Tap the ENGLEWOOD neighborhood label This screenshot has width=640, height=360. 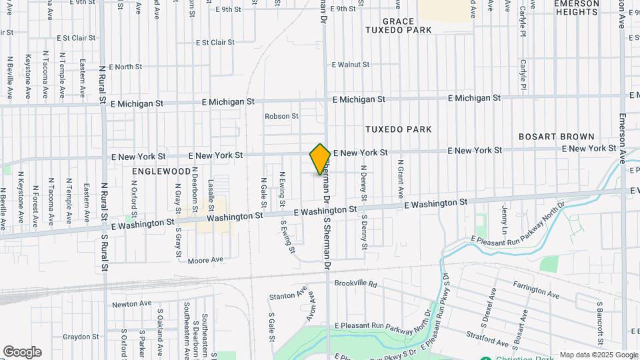161,171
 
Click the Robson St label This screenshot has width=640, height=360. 281,116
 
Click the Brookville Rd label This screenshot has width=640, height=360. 355,283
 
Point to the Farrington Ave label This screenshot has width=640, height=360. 536,289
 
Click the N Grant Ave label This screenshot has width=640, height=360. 401,179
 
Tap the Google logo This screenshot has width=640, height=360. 22,352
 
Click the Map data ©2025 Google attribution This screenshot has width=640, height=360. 598,355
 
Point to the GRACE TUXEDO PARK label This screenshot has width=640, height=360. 407,26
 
